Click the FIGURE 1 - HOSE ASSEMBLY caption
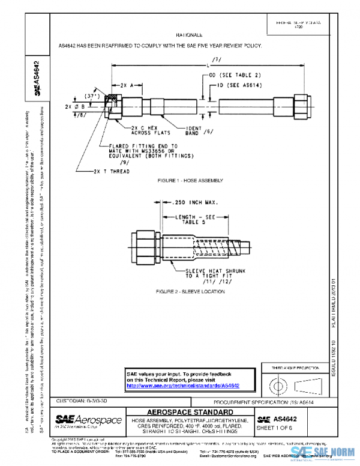[190, 180]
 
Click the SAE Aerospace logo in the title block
[88, 421]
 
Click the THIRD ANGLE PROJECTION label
[295, 367]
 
